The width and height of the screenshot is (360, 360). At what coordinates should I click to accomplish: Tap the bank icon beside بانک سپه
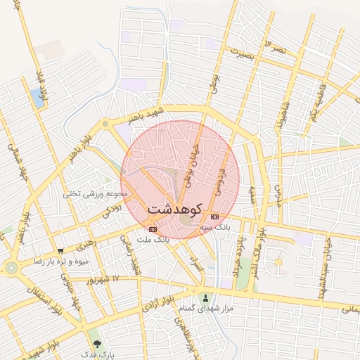click(x=214, y=217)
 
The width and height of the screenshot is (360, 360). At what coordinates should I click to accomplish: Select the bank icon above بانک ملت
click(x=153, y=229)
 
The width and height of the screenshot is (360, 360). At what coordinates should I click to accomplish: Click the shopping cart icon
click(x=61, y=251)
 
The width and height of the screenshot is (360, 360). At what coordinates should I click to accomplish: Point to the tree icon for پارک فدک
click(x=97, y=344)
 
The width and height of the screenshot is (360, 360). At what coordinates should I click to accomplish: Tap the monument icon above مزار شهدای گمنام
click(x=205, y=297)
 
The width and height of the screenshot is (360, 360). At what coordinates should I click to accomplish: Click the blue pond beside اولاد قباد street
click(x=35, y=98)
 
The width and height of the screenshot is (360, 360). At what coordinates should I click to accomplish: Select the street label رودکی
click(x=112, y=209)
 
